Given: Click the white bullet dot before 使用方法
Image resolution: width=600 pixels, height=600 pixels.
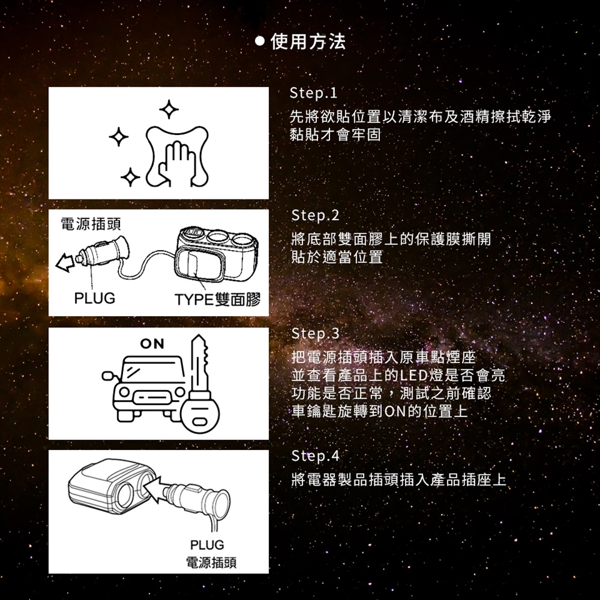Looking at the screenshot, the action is pos(260,41).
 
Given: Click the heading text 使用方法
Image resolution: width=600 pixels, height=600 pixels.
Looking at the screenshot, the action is pos(308,41).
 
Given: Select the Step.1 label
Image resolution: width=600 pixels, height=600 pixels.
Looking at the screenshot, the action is pos(313,93).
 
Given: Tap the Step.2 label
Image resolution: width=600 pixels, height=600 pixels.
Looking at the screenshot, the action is pos(315,216).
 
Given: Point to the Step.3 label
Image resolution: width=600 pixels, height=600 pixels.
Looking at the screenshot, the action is pos(315,334).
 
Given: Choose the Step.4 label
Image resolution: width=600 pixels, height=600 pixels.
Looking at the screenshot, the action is pos(315,456).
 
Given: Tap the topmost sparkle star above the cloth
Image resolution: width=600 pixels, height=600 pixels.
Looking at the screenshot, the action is pos(169,110).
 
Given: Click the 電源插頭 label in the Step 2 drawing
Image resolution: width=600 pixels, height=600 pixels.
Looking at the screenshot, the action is pos(91,224).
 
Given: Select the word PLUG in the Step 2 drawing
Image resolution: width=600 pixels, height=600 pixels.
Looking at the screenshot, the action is pos(94,298).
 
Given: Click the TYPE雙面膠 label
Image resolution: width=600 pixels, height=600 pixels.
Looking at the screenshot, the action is pos(217,299).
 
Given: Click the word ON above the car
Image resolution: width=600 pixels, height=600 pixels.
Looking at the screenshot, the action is pos(152,344).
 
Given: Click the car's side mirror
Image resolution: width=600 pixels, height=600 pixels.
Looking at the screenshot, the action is pos(107,376).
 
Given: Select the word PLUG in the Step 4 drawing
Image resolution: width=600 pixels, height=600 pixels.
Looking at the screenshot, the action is pos(207,544).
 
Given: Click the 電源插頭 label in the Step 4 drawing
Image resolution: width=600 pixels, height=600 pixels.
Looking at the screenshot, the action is pos(211,562).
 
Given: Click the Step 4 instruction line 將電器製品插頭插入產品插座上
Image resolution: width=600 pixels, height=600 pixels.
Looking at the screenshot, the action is pos(399,479).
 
